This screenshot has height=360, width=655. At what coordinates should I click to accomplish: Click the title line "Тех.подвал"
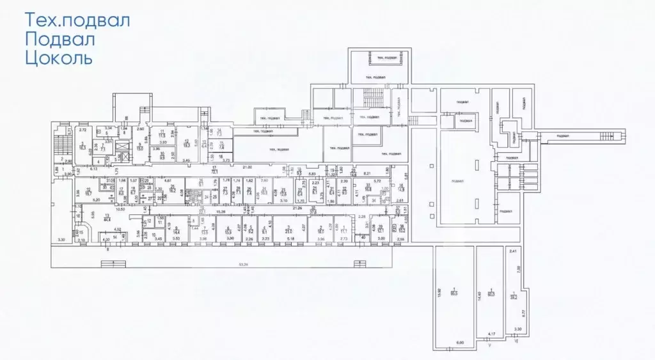(x=77, y=20)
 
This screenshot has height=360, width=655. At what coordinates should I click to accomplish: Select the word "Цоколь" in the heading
(x=59, y=59)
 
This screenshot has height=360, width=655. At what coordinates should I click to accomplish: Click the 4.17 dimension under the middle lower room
(x=491, y=333)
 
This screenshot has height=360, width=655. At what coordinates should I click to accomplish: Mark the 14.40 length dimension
(x=479, y=294)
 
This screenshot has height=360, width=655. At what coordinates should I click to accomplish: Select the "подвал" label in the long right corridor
(x=564, y=136)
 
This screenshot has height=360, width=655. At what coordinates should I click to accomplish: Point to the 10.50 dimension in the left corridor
(x=120, y=209)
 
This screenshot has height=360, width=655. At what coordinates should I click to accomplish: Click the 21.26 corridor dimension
(x=297, y=208)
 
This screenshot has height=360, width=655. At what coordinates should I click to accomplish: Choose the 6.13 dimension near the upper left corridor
(x=93, y=169)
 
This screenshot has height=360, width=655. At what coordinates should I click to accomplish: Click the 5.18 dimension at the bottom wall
(x=292, y=239)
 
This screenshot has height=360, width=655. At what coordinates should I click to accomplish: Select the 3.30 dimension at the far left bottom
(x=61, y=239)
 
